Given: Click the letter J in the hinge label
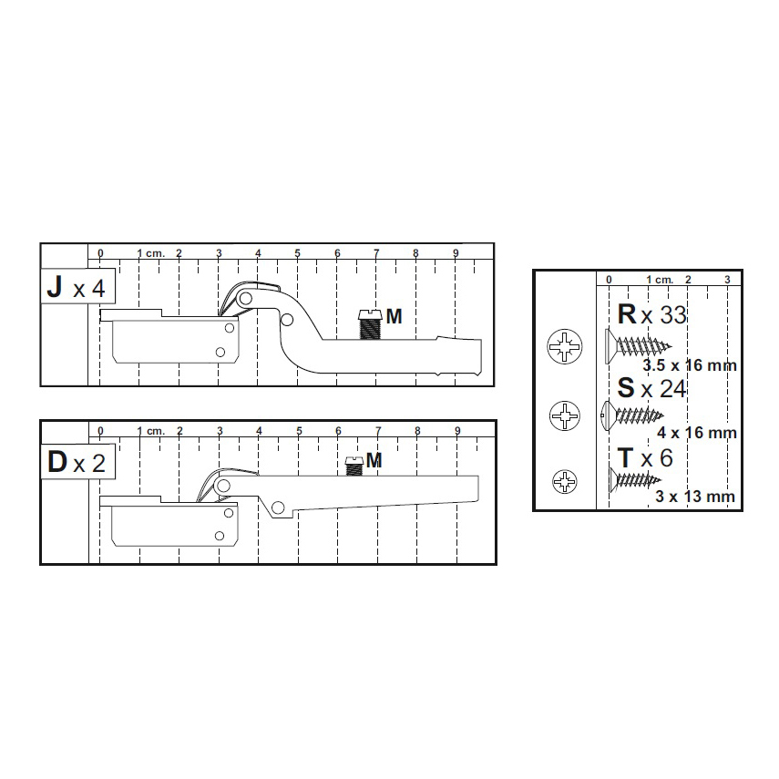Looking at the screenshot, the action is pos(55,287).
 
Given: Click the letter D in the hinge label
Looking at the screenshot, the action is pos(57,462).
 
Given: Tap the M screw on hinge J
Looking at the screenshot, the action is pos(370,324).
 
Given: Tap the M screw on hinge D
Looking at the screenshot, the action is pos(354,466).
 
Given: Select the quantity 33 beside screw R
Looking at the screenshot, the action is pos(672,315).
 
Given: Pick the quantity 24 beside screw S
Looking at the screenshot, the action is pos(672,389).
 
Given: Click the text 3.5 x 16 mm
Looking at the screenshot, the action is pos(690,365).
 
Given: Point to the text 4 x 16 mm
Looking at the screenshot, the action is pos(696,433).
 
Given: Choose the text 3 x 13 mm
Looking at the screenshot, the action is pos(695,497).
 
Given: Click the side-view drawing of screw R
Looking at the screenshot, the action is pos(639,346).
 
